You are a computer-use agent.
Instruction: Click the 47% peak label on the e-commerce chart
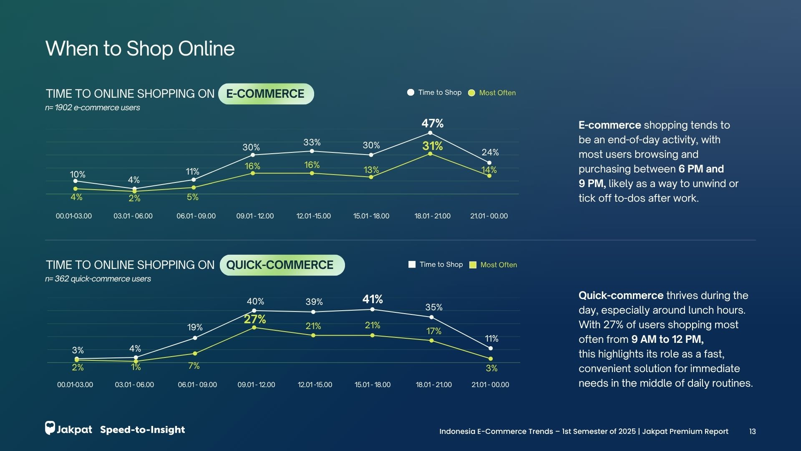point(432,124)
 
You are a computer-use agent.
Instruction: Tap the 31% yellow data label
point(432,146)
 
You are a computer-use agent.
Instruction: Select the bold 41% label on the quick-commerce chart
point(373,299)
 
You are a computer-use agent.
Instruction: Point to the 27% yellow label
point(255,319)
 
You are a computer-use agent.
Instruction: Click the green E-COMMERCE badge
point(266,94)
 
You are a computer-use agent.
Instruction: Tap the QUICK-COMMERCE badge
point(282,265)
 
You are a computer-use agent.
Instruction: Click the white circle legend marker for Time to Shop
point(411,92)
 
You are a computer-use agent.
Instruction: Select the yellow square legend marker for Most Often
point(473,265)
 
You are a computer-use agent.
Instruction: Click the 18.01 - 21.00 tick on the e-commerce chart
point(432,216)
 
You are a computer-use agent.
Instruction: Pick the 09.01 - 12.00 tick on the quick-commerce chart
point(256,385)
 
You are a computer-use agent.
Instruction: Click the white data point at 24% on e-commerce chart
point(489,163)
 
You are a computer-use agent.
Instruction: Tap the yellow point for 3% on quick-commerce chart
point(491,359)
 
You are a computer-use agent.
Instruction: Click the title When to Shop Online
point(140,49)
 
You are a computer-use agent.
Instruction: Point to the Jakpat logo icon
point(50,428)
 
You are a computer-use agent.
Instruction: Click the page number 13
point(752,432)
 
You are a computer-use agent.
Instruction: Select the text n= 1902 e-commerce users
point(93,108)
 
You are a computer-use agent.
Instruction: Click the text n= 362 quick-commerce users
point(98,279)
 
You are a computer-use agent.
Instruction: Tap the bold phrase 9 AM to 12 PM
point(667,340)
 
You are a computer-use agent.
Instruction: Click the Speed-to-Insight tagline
point(142,430)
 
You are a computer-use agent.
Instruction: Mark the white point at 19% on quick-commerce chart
point(195,338)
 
